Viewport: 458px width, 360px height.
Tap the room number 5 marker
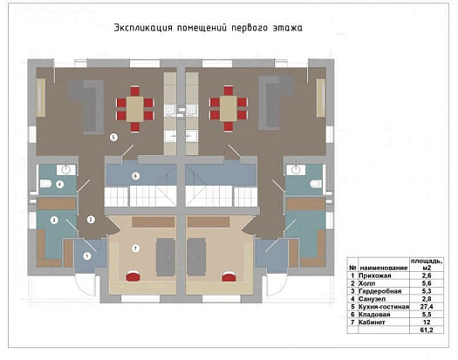pos(113,138)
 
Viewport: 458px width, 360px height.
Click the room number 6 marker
pos(135,175)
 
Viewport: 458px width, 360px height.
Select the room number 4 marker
pos(58,184)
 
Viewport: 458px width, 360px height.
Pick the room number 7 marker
pos(134,248)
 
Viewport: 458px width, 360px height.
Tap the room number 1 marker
pos(86,255)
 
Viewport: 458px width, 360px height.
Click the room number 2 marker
pos(91,220)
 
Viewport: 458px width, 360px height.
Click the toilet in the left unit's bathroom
pos(45,184)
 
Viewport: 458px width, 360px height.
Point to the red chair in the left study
pos(132,276)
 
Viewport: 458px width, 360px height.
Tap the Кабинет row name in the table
pos(372,322)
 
